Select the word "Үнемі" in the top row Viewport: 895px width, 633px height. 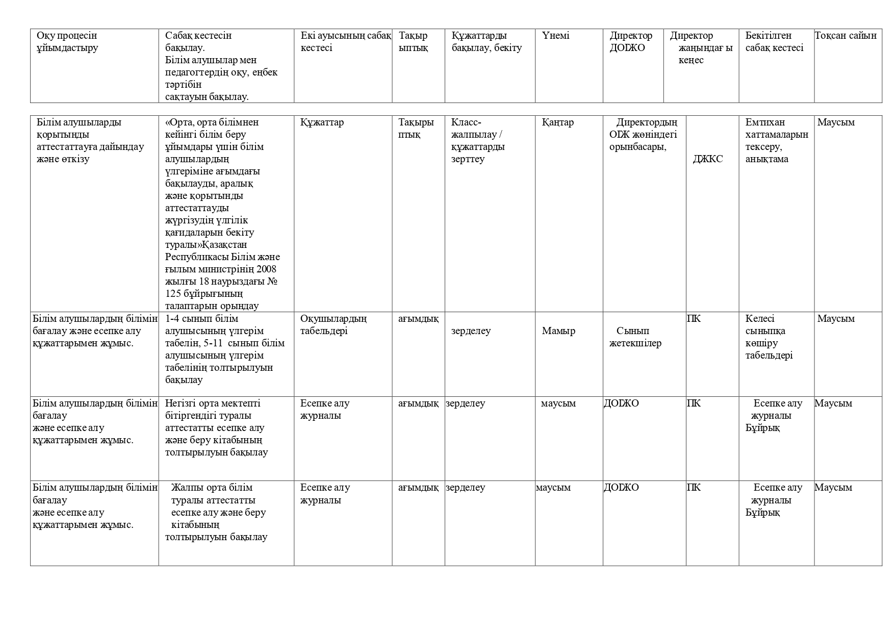555,36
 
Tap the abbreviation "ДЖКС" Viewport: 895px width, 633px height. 707,159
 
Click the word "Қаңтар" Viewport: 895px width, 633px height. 557,122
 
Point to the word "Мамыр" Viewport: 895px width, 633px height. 558,331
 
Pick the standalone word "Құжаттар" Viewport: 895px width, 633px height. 322,122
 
